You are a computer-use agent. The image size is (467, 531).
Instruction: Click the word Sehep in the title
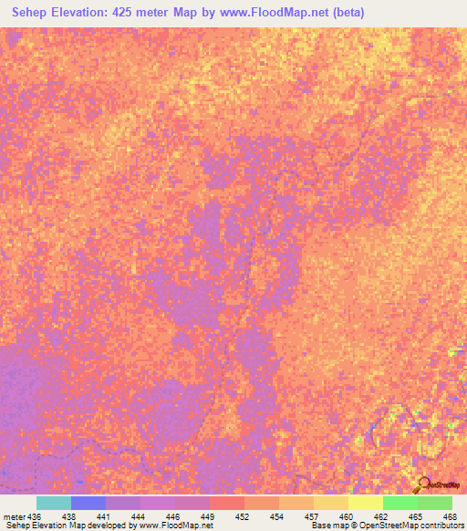click(28, 12)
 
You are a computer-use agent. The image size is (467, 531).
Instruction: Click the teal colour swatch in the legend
click(54, 503)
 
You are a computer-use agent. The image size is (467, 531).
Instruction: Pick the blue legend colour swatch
click(88, 503)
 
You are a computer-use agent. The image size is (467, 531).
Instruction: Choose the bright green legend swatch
click(400, 503)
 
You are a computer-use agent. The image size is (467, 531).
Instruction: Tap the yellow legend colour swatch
click(366, 503)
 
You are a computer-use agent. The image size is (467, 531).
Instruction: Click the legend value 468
click(449, 516)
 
